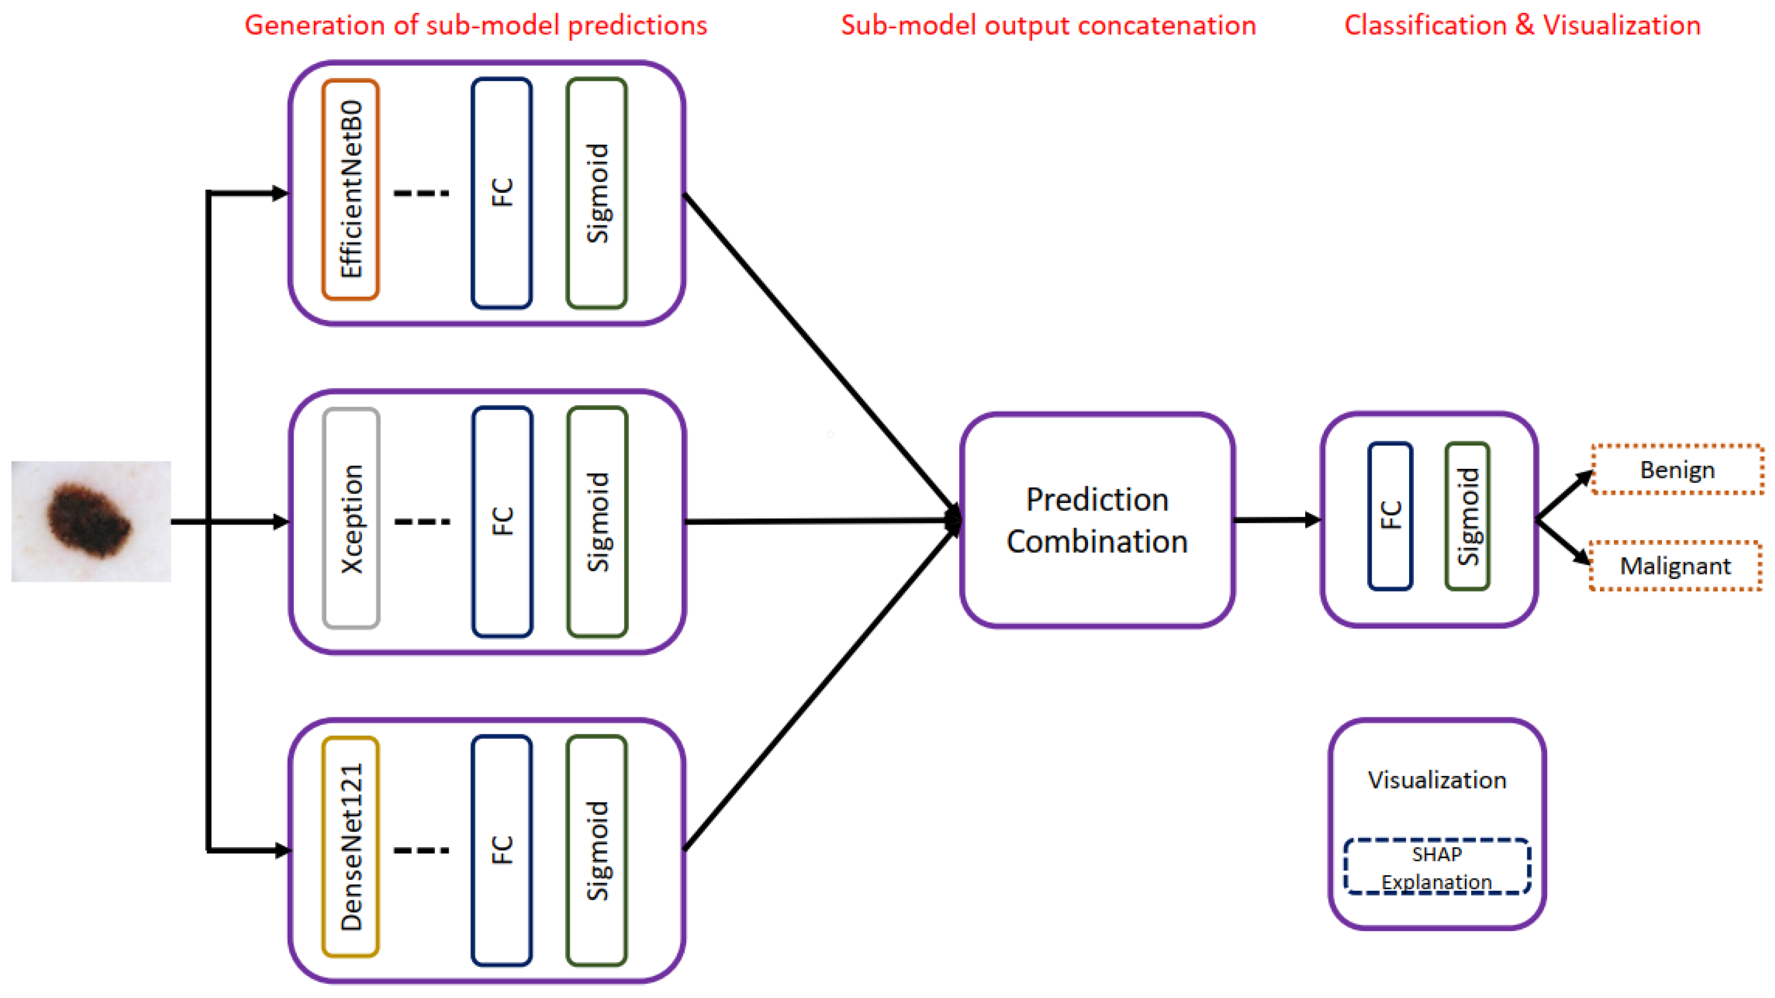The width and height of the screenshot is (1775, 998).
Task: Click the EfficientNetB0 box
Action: coord(350,189)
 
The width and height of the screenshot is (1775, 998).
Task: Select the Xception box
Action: coord(351,518)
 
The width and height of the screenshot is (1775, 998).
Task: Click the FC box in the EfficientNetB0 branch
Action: coord(501,192)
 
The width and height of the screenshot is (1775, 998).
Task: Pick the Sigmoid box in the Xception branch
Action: coord(598,522)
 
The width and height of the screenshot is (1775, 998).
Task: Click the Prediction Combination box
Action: coord(1097,521)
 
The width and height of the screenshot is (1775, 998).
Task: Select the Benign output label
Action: coord(1677,470)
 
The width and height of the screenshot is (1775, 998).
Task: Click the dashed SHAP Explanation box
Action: coord(1437,867)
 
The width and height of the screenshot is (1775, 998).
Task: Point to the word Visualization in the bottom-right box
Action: coord(1437,780)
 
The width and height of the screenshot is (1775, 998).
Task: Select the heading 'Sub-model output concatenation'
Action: coord(1048,25)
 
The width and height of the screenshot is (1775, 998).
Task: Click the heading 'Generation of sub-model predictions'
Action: coord(476,25)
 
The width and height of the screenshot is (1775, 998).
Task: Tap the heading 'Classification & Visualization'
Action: coord(1522,25)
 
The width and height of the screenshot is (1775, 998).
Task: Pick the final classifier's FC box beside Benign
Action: coord(1390,516)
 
